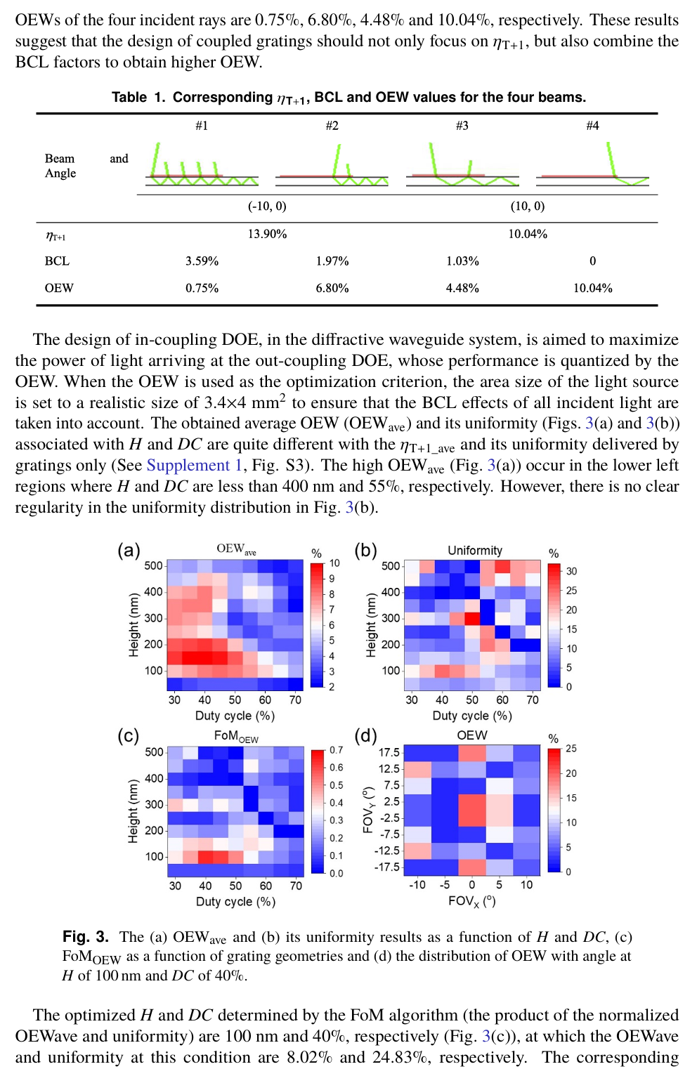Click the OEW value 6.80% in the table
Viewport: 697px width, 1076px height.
click(332, 288)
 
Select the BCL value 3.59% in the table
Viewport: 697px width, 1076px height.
click(202, 261)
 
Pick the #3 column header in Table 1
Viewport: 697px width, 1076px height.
click(462, 126)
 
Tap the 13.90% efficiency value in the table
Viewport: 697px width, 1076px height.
click(267, 234)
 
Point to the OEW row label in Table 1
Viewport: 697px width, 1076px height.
click(59, 288)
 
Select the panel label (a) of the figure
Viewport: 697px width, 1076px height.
click(129, 550)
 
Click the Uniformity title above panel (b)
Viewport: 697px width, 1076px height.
click(475, 551)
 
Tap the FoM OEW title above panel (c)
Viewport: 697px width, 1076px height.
click(236, 736)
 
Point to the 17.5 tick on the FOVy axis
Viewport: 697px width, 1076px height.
click(389, 752)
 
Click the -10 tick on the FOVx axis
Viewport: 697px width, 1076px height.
click(417, 885)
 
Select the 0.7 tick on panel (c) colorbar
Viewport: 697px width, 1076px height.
click(337, 750)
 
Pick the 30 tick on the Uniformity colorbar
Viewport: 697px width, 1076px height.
click(572, 571)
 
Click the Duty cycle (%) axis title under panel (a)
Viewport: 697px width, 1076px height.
click(235, 716)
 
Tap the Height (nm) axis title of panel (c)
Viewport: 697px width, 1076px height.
click(133, 811)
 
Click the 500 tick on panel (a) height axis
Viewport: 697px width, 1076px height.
click(153, 566)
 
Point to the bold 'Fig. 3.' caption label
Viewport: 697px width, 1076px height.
click(86, 937)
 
